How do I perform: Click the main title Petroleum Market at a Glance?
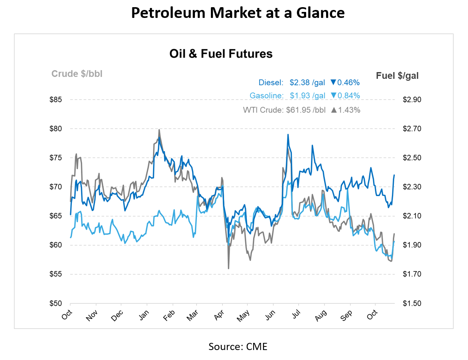[238, 13]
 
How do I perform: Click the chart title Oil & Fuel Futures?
[221, 54]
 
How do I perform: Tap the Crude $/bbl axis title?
[77, 74]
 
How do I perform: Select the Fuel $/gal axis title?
[397, 75]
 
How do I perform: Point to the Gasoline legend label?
[266, 96]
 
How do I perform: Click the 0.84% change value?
[348, 96]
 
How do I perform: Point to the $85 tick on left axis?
[55, 100]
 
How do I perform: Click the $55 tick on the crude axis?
[55, 274]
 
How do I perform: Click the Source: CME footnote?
[238, 346]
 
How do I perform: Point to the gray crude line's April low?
[228, 268]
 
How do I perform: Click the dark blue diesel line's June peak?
[287, 135]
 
